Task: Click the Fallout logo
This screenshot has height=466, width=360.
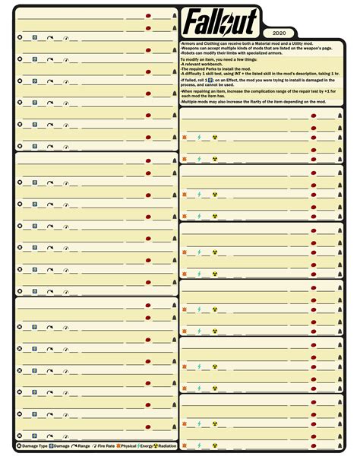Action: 220,20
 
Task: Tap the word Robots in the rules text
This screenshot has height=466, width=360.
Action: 188,52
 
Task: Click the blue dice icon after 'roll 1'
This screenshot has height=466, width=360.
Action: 210,80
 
